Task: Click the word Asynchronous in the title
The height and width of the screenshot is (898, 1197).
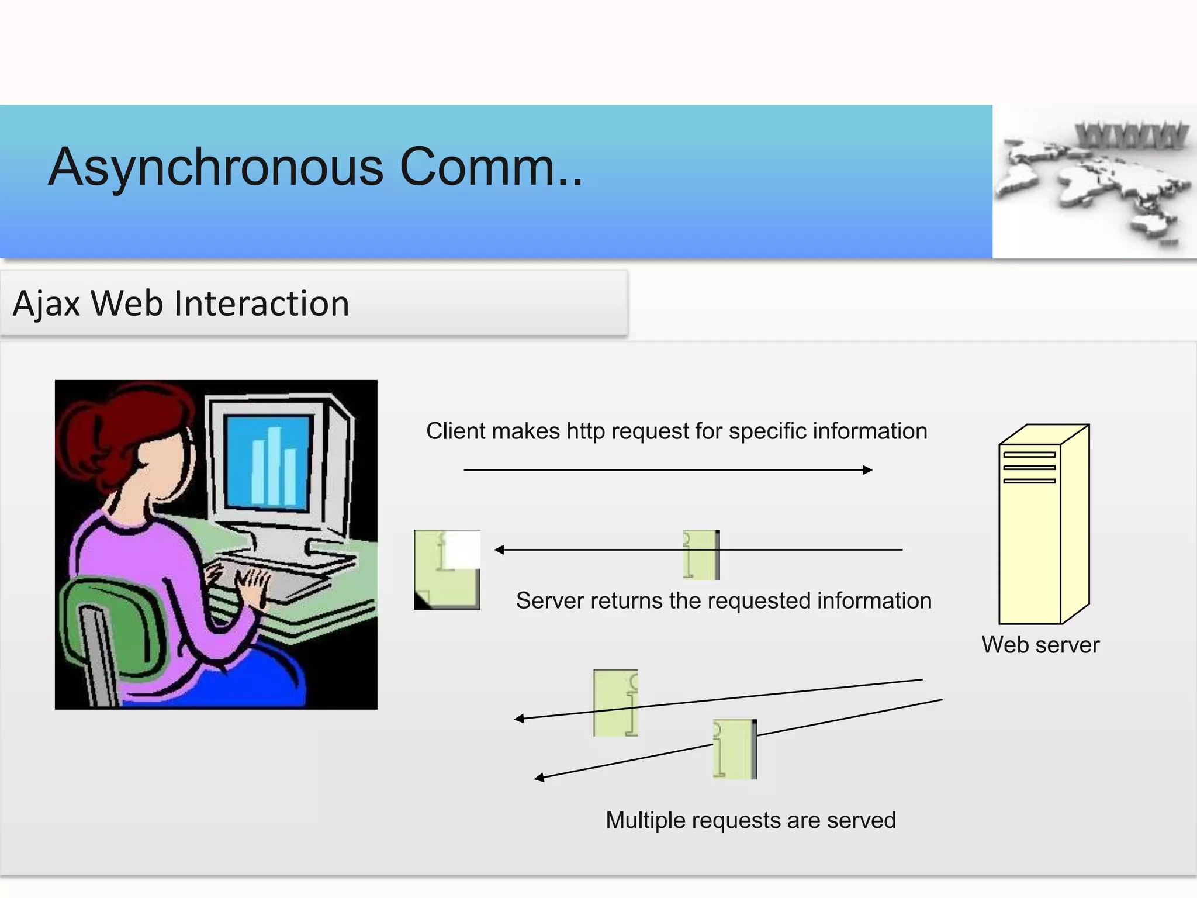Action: pyautogui.click(x=216, y=168)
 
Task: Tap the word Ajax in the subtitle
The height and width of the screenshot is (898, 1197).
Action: pyautogui.click(x=46, y=304)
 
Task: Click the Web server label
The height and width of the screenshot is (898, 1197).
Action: pyautogui.click(x=1040, y=645)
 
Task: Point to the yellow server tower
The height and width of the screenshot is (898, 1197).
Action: pyautogui.click(x=1043, y=526)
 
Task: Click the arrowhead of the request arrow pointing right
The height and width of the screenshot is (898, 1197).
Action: pyautogui.click(x=868, y=469)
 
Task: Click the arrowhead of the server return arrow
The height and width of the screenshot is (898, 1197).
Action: pyautogui.click(x=499, y=550)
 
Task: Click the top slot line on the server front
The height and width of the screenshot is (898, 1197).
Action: pyautogui.click(x=1029, y=454)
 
